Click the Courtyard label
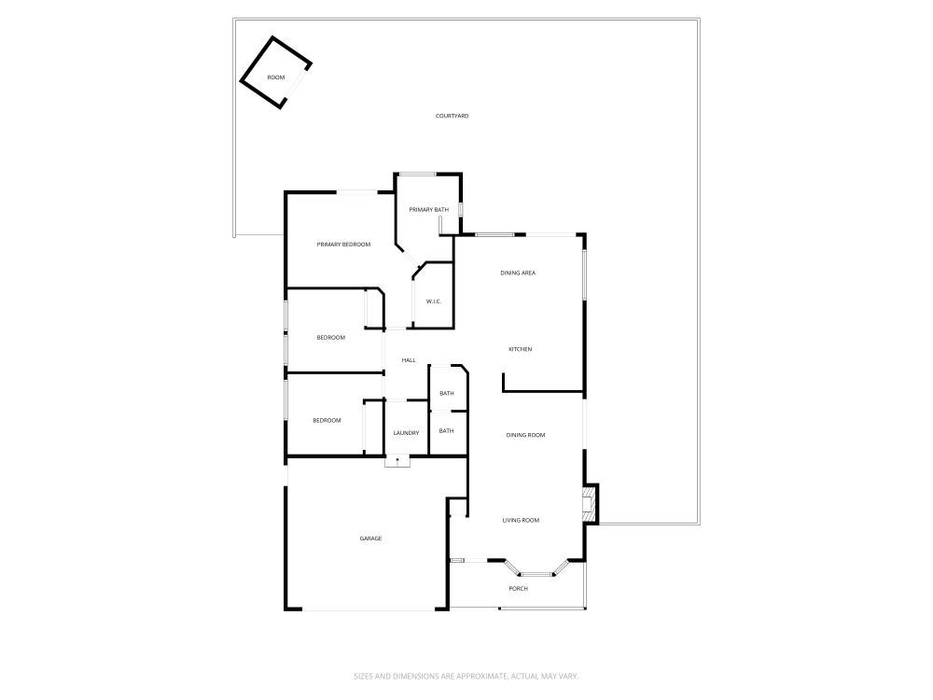click(x=452, y=116)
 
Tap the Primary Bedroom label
click(x=343, y=245)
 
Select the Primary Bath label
click(x=428, y=209)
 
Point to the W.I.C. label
click(x=433, y=301)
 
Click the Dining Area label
click(x=518, y=273)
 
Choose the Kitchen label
click(x=520, y=349)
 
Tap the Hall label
click(x=408, y=360)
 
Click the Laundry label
click(x=406, y=432)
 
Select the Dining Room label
click(x=525, y=435)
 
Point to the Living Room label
click(x=521, y=520)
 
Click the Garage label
click(x=370, y=539)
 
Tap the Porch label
click(x=518, y=588)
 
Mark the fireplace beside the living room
click(x=589, y=504)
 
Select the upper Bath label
click(x=447, y=393)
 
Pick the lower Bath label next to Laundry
click(x=447, y=430)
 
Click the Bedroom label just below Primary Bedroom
click(x=330, y=337)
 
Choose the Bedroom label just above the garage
click(x=327, y=420)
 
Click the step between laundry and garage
click(x=397, y=460)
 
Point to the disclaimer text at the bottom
click(x=466, y=676)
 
